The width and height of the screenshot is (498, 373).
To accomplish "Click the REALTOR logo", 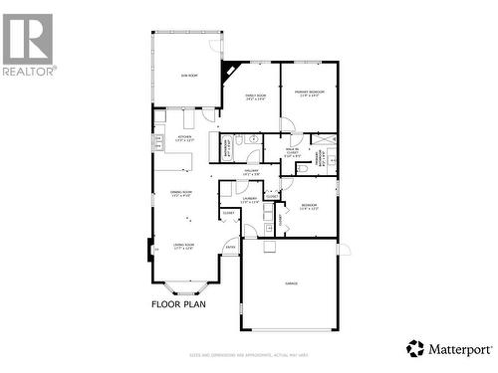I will [28, 44].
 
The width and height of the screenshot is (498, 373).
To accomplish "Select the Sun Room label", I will [186, 76].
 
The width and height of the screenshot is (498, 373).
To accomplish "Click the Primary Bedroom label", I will [309, 93].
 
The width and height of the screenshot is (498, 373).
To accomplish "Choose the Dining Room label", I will [180, 194].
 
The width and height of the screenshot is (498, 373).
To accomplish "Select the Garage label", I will [292, 284].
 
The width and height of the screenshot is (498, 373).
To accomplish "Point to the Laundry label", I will [249, 200].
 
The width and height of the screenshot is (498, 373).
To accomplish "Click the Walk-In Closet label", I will [292, 153].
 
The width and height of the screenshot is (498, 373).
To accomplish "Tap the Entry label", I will [230, 248].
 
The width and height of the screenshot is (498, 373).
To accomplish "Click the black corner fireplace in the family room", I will [231, 71].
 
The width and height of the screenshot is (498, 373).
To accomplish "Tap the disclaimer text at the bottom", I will [249, 355].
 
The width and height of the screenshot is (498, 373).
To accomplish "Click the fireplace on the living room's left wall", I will [152, 249].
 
